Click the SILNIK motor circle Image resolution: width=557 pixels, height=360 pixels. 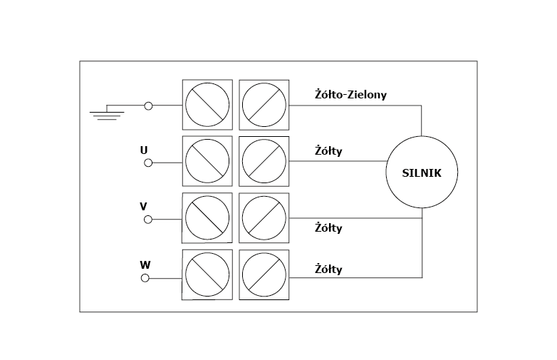pos(422,172)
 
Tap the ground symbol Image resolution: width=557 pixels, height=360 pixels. pos(106,113)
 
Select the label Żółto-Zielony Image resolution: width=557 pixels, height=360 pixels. pos(350,94)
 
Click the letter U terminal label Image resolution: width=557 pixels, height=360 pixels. pos(144,150)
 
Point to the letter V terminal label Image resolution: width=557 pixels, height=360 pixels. pos(143,206)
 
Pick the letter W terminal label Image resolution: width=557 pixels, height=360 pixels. pos(145,264)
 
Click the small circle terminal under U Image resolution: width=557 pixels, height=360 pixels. pos(148,163)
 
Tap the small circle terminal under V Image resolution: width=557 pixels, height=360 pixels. pos(148,219)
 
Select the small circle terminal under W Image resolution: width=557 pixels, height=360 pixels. pos(145,277)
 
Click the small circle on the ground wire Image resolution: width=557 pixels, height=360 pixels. pos(148,106)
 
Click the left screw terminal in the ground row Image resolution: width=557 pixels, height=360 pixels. pos(207,105)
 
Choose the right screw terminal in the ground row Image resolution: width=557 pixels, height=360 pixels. pos(264,105)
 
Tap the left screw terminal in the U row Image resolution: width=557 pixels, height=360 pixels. pos(207,161)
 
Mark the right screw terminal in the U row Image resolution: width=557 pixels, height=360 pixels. pos(264,161)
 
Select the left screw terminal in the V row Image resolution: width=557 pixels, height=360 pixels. pos(207,218)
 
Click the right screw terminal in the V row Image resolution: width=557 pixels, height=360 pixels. pos(264,218)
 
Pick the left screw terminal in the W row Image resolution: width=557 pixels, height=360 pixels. pos(207,274)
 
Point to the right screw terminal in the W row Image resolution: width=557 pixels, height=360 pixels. pos(264,274)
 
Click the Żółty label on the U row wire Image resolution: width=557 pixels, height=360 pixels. pos(328,150)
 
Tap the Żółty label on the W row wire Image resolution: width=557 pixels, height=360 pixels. pos(328,269)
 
